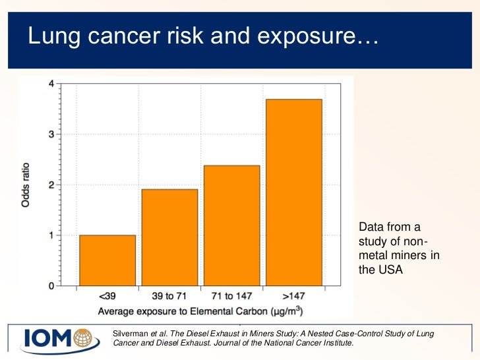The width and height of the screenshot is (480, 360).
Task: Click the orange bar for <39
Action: point(107,260)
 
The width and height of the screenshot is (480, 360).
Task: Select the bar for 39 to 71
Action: point(169,237)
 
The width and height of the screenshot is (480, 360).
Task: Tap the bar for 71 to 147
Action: point(231,225)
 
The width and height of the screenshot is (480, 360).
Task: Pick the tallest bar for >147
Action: point(293,193)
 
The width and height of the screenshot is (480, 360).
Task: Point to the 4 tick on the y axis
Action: point(51,84)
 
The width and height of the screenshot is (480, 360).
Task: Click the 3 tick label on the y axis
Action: point(51,135)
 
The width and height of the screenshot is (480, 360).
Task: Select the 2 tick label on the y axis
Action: point(51,185)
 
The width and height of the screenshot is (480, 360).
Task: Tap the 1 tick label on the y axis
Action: point(51,235)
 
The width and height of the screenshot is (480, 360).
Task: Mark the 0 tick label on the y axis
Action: point(51,286)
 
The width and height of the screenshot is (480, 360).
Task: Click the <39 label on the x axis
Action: point(107,297)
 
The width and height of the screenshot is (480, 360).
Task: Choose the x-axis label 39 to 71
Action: point(169,297)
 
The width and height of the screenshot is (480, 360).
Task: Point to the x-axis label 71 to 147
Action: point(231,297)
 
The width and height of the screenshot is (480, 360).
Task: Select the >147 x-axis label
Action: point(293,297)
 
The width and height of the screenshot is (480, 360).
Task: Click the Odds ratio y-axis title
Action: point(26,185)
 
